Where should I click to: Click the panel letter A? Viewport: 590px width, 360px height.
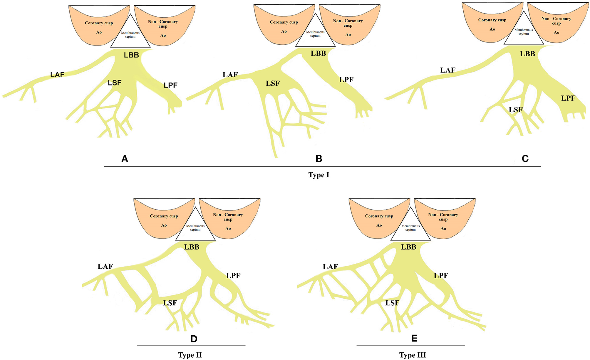click(x=125, y=159)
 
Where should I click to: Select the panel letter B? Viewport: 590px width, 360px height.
click(x=319, y=159)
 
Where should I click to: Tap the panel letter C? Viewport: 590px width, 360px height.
click(x=525, y=159)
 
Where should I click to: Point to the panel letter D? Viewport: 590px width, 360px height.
click(x=194, y=339)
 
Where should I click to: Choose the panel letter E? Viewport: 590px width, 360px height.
click(x=414, y=338)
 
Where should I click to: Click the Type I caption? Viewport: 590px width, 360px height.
click(x=319, y=175)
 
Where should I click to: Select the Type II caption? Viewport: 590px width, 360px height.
click(x=190, y=355)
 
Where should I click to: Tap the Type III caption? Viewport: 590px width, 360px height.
click(x=413, y=355)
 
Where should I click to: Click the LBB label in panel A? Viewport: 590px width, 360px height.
click(x=131, y=55)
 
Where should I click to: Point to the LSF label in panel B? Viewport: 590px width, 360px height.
click(x=273, y=84)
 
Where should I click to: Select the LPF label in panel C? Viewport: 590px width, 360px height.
click(x=568, y=98)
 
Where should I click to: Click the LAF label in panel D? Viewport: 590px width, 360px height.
click(x=105, y=266)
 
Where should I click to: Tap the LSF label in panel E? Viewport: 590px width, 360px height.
click(x=392, y=303)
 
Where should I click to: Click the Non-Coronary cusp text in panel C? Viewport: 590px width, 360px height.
click(x=556, y=21)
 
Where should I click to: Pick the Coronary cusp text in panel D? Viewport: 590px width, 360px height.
click(x=164, y=216)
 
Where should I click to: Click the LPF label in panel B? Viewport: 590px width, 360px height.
click(x=346, y=80)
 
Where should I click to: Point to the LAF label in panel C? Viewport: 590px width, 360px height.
click(x=448, y=70)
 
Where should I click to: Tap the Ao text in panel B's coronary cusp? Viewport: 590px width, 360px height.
click(x=284, y=31)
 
